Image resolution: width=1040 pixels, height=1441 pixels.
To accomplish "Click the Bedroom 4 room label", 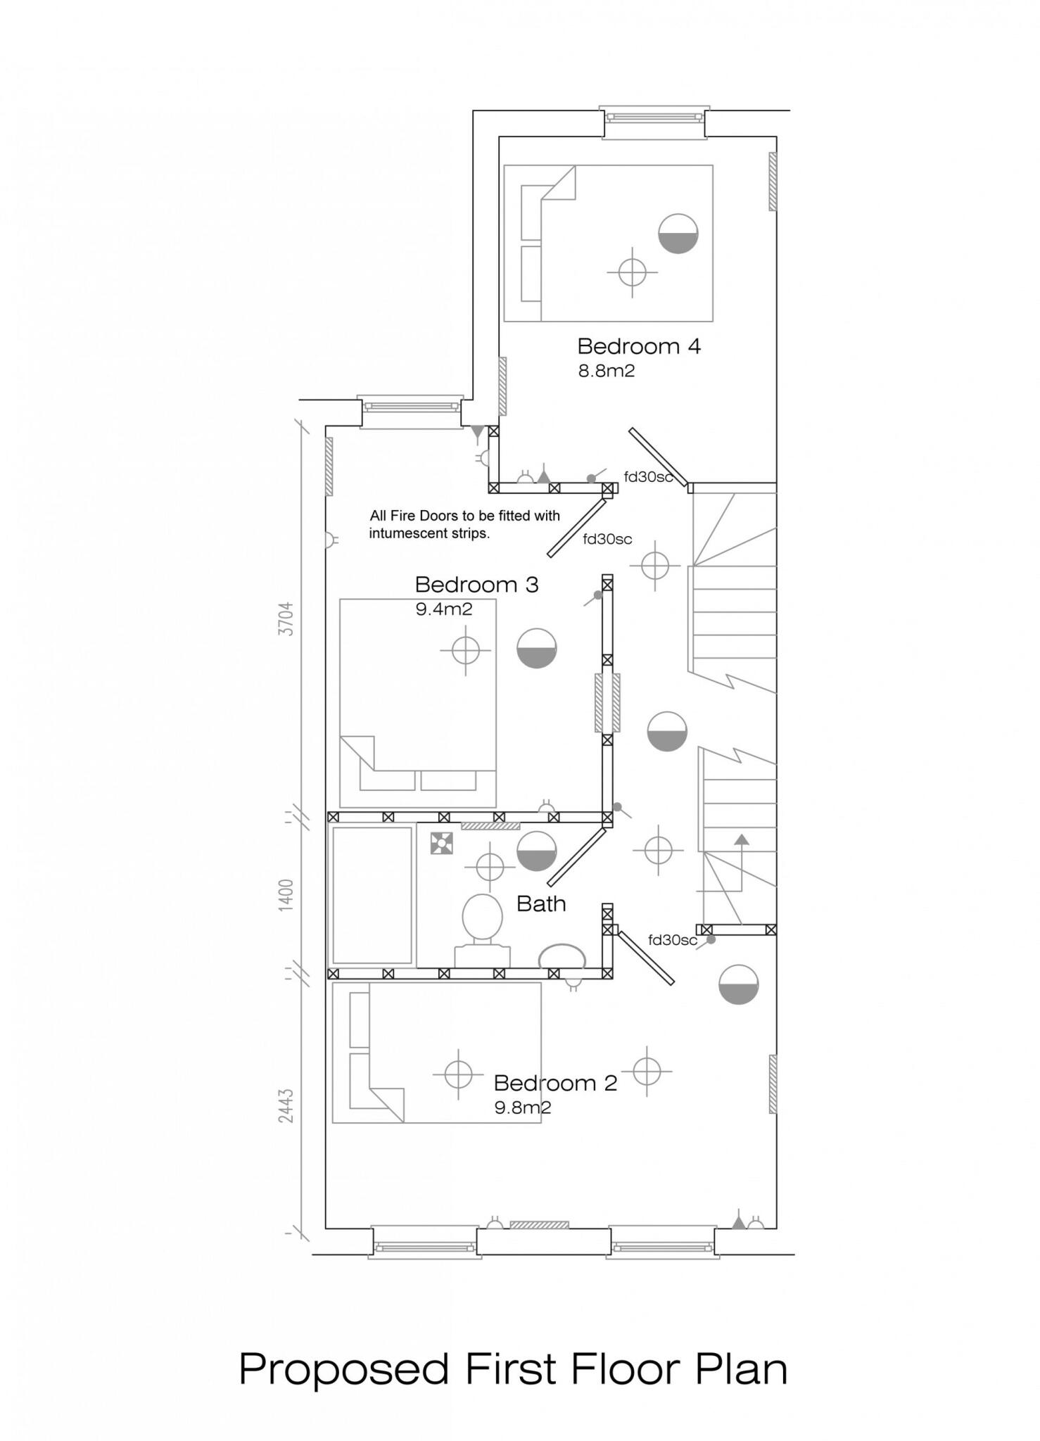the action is (x=639, y=346).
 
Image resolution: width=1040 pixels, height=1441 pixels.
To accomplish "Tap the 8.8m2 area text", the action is (x=607, y=371).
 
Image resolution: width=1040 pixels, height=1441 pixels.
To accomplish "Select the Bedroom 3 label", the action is (x=476, y=585).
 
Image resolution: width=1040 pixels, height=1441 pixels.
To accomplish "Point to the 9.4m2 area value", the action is (x=444, y=609).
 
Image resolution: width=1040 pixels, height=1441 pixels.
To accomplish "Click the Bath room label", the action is (x=541, y=903).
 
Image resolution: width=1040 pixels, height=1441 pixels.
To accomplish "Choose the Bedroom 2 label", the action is (x=555, y=1083).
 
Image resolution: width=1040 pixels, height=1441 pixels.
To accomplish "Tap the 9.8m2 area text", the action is (x=523, y=1107).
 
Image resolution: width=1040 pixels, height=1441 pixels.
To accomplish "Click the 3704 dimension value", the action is (x=286, y=618).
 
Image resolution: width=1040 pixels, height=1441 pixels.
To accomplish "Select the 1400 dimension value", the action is (x=286, y=895).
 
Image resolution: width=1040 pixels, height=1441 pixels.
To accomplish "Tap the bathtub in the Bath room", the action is (x=372, y=895).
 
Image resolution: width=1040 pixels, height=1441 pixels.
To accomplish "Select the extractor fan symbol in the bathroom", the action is (x=441, y=843).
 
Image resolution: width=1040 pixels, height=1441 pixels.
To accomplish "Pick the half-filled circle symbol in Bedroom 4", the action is (x=678, y=233).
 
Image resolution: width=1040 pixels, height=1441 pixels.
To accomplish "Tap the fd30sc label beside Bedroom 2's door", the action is (x=673, y=940).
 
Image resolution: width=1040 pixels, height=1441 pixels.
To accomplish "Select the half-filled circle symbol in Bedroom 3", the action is (x=537, y=647).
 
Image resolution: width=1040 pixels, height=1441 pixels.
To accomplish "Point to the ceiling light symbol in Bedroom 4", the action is (x=633, y=272).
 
